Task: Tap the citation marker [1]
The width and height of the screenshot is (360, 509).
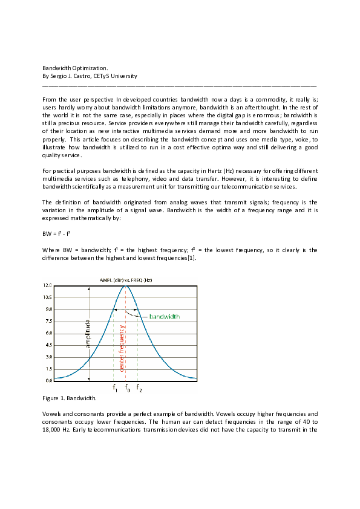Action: (x=190, y=258)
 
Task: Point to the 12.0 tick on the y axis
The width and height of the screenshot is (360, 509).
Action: (x=47, y=285)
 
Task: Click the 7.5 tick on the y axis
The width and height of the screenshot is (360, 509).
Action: (x=47, y=321)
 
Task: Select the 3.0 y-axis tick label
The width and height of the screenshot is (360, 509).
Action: (x=47, y=357)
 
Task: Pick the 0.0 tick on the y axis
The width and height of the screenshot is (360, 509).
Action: (x=47, y=381)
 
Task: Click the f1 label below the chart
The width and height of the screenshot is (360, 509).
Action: (x=114, y=389)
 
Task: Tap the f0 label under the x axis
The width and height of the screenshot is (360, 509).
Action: (x=127, y=389)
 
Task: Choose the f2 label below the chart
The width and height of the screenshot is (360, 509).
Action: (x=139, y=389)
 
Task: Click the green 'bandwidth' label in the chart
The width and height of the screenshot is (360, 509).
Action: (x=164, y=316)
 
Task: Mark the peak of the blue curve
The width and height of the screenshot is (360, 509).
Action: (x=126, y=286)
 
